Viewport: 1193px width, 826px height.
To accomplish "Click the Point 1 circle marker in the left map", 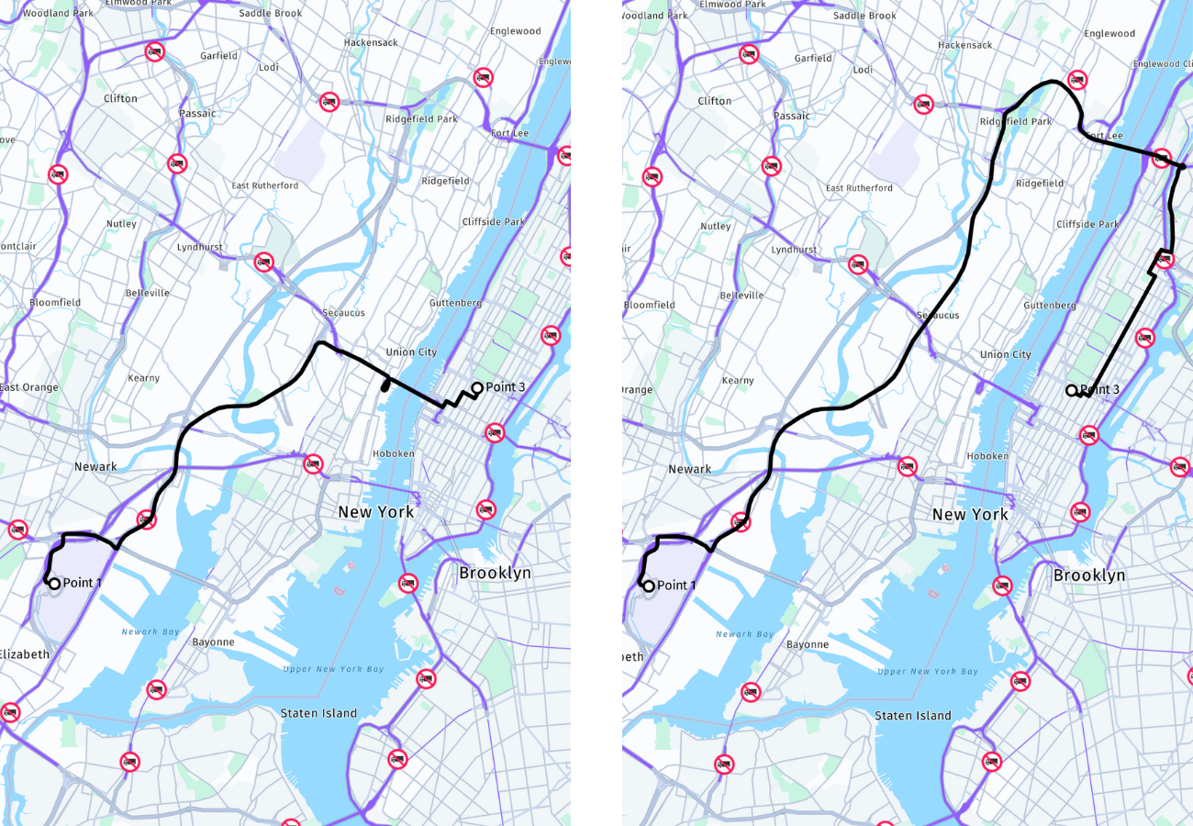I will (54, 583).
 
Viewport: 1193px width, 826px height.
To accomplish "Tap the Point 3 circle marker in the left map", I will (477, 387).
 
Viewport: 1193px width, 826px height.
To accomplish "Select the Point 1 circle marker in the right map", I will (649, 586).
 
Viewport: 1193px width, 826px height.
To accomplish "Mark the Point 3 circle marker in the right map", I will (1071, 390).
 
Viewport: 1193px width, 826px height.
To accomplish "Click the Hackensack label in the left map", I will (371, 43).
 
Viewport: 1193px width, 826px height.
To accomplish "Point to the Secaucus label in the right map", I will (938, 315).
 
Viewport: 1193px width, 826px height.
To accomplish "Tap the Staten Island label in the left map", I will (319, 713).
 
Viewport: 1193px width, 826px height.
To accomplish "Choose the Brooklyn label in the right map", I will (1089, 575).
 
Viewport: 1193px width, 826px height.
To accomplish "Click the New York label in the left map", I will (376, 511).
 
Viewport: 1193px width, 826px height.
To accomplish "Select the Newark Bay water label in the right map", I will (746, 634).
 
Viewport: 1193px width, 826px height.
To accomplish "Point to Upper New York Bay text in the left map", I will (334, 669).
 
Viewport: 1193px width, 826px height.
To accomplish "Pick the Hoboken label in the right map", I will (988, 456).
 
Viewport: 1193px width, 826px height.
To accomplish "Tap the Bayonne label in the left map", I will (213, 642).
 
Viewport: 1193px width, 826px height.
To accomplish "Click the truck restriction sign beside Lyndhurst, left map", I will (264, 262).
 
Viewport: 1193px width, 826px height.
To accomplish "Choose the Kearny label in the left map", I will (144, 378).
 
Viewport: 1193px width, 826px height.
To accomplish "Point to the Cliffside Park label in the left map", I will (494, 221).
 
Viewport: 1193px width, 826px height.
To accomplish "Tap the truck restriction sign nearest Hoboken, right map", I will (908, 466).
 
